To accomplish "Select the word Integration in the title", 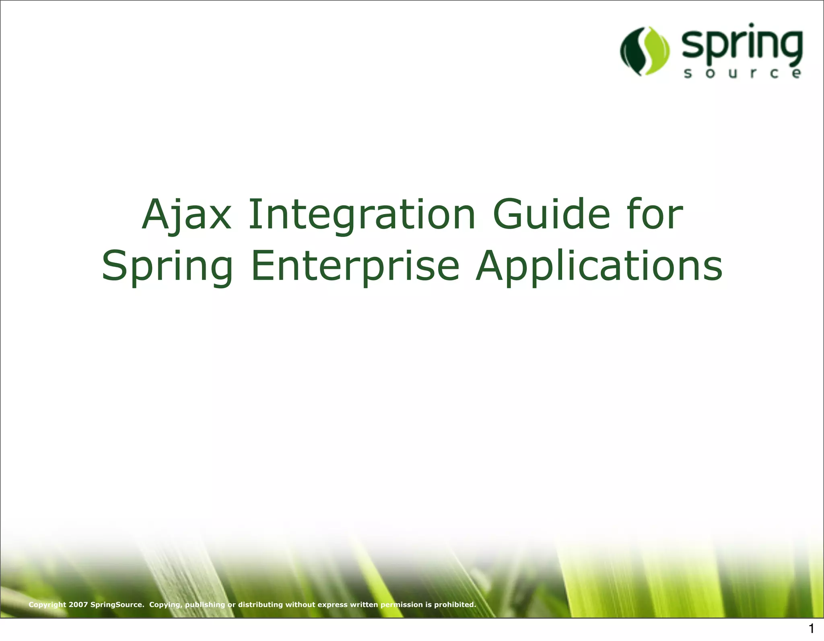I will (x=362, y=215).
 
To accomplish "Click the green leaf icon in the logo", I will (x=645, y=51).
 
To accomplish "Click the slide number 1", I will (x=812, y=629).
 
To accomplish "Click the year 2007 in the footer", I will (x=78, y=604).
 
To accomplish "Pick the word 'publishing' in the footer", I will (x=205, y=604).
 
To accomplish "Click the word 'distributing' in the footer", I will (x=261, y=604).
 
